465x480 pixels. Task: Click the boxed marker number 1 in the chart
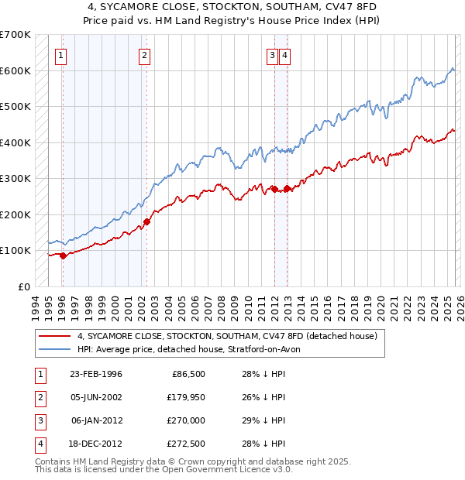(x=60, y=55)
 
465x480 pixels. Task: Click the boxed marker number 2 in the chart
(x=144, y=55)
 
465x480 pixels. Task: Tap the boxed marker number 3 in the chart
(x=273, y=55)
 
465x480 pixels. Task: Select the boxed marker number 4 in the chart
(x=285, y=55)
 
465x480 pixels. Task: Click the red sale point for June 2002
(x=146, y=222)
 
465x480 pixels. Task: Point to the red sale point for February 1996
(x=63, y=255)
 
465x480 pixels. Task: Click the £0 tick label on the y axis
(x=23, y=286)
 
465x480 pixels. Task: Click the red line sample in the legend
(x=53, y=337)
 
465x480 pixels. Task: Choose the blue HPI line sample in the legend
(x=53, y=349)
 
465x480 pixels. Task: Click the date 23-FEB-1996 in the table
(x=95, y=374)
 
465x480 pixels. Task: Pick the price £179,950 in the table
(x=182, y=397)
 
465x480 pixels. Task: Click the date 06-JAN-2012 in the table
(x=96, y=420)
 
